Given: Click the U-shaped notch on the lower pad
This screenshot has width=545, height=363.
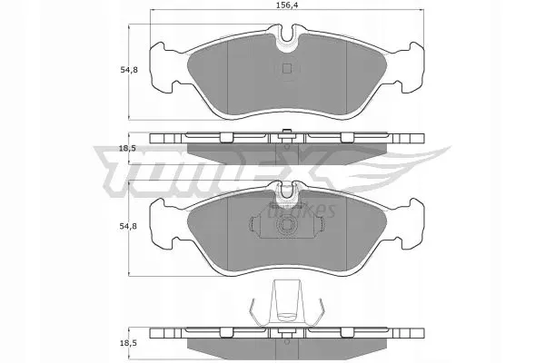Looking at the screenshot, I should click(288, 190).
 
